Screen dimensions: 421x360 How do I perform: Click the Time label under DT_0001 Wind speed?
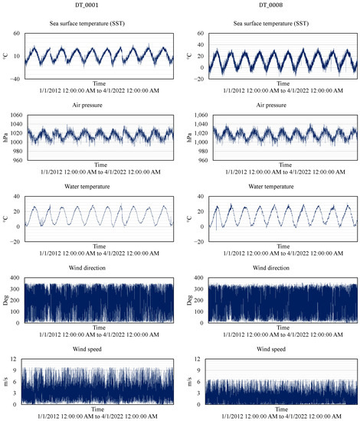(100, 410)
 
